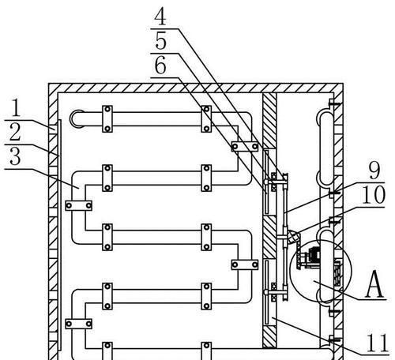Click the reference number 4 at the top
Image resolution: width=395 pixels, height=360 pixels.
(160, 17)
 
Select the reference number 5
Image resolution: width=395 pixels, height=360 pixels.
(160, 41)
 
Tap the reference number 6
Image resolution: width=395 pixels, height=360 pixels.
(160, 66)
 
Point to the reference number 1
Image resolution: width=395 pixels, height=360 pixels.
(16, 108)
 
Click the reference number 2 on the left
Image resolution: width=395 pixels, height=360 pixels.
(15, 133)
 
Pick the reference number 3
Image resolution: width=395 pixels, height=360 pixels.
(15, 156)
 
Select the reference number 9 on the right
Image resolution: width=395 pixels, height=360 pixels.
(374, 171)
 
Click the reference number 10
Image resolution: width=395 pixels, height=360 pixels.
(374, 195)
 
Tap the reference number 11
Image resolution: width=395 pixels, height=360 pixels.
(377, 343)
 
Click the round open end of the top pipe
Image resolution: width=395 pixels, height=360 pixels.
(76, 119)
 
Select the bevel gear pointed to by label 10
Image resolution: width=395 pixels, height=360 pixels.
(293, 237)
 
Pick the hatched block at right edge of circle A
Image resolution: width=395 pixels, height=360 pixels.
(338, 273)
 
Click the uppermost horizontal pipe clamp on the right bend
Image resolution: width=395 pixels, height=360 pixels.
(245, 146)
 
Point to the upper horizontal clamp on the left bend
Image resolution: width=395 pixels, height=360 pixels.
(79, 205)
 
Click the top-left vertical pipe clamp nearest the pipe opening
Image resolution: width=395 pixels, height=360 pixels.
(107, 119)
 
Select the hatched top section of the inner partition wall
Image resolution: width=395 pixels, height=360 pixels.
(269, 120)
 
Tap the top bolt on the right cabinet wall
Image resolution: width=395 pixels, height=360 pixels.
(334, 103)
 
